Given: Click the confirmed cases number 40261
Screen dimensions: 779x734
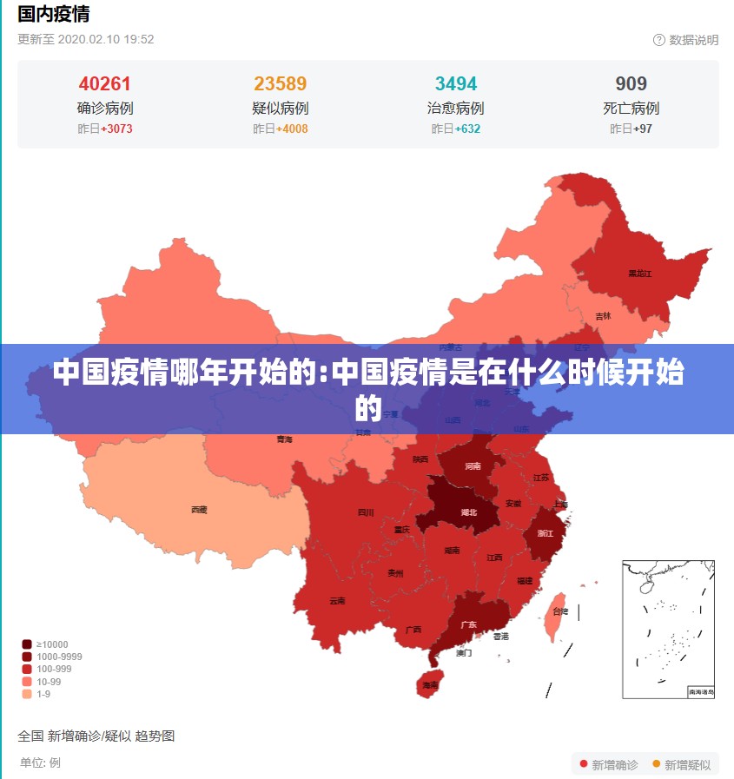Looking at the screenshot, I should (x=104, y=83).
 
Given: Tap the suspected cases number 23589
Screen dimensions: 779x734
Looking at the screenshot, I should (x=280, y=83).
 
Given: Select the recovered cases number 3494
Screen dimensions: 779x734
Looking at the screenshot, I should (x=456, y=83).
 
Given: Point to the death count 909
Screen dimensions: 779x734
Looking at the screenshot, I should (x=632, y=83).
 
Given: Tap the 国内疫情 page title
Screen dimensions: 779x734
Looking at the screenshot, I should (x=54, y=14).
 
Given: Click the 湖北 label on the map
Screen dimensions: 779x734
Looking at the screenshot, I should (x=468, y=512).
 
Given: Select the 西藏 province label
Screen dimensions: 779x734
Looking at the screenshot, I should (x=199, y=510).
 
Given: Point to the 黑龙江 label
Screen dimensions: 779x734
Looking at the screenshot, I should (x=640, y=274).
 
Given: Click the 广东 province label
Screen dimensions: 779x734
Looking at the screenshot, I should (x=468, y=624).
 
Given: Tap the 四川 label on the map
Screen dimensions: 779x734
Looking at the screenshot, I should (x=366, y=512).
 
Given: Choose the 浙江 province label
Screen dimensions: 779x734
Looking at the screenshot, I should (x=546, y=533).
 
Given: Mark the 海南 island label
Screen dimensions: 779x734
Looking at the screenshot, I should (x=430, y=685).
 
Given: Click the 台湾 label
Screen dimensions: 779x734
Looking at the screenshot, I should (x=560, y=611).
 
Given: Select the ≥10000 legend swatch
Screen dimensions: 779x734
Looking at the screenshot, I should (x=27, y=644).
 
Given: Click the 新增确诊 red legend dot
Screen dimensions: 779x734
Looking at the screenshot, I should (x=584, y=764).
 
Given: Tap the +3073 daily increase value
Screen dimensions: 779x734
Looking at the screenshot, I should (x=116, y=129).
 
